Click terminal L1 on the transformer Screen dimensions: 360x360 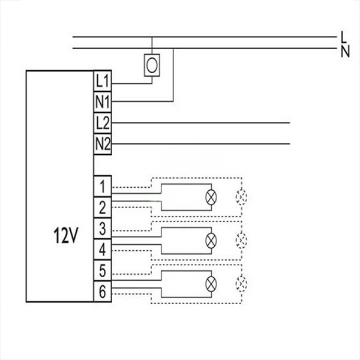[102, 80]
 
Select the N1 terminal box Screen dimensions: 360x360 [102, 101]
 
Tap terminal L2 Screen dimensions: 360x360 [102, 122]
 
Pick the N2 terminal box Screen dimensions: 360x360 [102, 143]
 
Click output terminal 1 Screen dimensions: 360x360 [103, 184]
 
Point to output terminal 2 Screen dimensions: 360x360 [103, 207]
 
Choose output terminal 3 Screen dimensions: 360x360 [103, 229]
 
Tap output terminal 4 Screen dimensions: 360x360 [103, 248]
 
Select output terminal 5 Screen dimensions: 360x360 [103, 271]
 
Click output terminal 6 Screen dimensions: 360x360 [103, 292]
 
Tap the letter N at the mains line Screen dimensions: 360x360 [344, 51]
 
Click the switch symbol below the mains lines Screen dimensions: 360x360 [152, 64]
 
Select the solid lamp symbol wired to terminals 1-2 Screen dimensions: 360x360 [211, 196]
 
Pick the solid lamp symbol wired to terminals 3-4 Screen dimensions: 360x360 [211, 239]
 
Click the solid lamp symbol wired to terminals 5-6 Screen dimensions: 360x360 [211, 282]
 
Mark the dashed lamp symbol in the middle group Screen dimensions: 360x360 [242, 239]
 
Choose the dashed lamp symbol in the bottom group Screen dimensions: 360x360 [242, 282]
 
